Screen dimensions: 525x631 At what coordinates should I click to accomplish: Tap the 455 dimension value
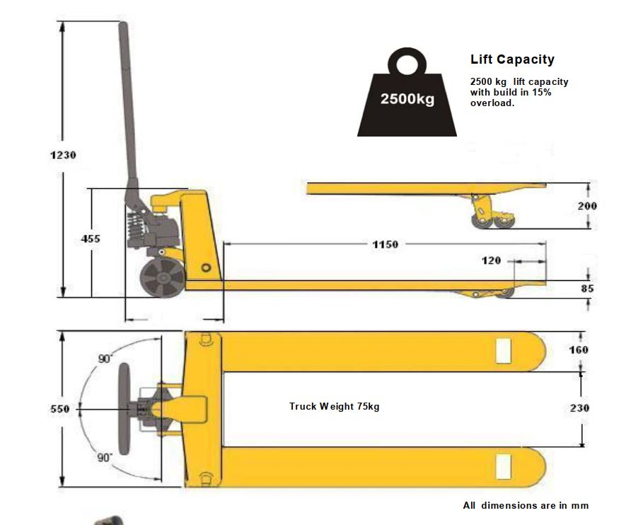pos(91,239)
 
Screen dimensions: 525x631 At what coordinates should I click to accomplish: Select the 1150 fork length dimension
pos(385,245)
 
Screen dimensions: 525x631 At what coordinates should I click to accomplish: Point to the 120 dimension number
pos(491,260)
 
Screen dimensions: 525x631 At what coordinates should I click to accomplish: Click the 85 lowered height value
pos(587,289)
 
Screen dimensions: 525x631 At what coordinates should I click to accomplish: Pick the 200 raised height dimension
pos(586,206)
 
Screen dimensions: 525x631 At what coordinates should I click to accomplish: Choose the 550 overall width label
pos(60,409)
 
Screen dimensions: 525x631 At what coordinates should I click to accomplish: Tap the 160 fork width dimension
pos(578,350)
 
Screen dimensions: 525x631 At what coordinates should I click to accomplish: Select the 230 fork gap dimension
pos(578,408)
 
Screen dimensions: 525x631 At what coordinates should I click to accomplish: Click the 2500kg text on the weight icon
pos(407,98)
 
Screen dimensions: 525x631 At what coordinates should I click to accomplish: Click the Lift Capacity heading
pos(512,59)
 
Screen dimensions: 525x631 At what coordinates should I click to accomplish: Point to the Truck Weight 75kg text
pos(334,406)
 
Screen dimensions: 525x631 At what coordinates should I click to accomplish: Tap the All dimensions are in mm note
pos(526,505)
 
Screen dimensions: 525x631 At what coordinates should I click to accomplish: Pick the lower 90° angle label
pos(105,458)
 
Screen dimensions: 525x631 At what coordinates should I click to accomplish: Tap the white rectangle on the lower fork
pos(503,466)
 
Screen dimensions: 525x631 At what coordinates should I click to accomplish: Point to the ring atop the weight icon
pos(407,64)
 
